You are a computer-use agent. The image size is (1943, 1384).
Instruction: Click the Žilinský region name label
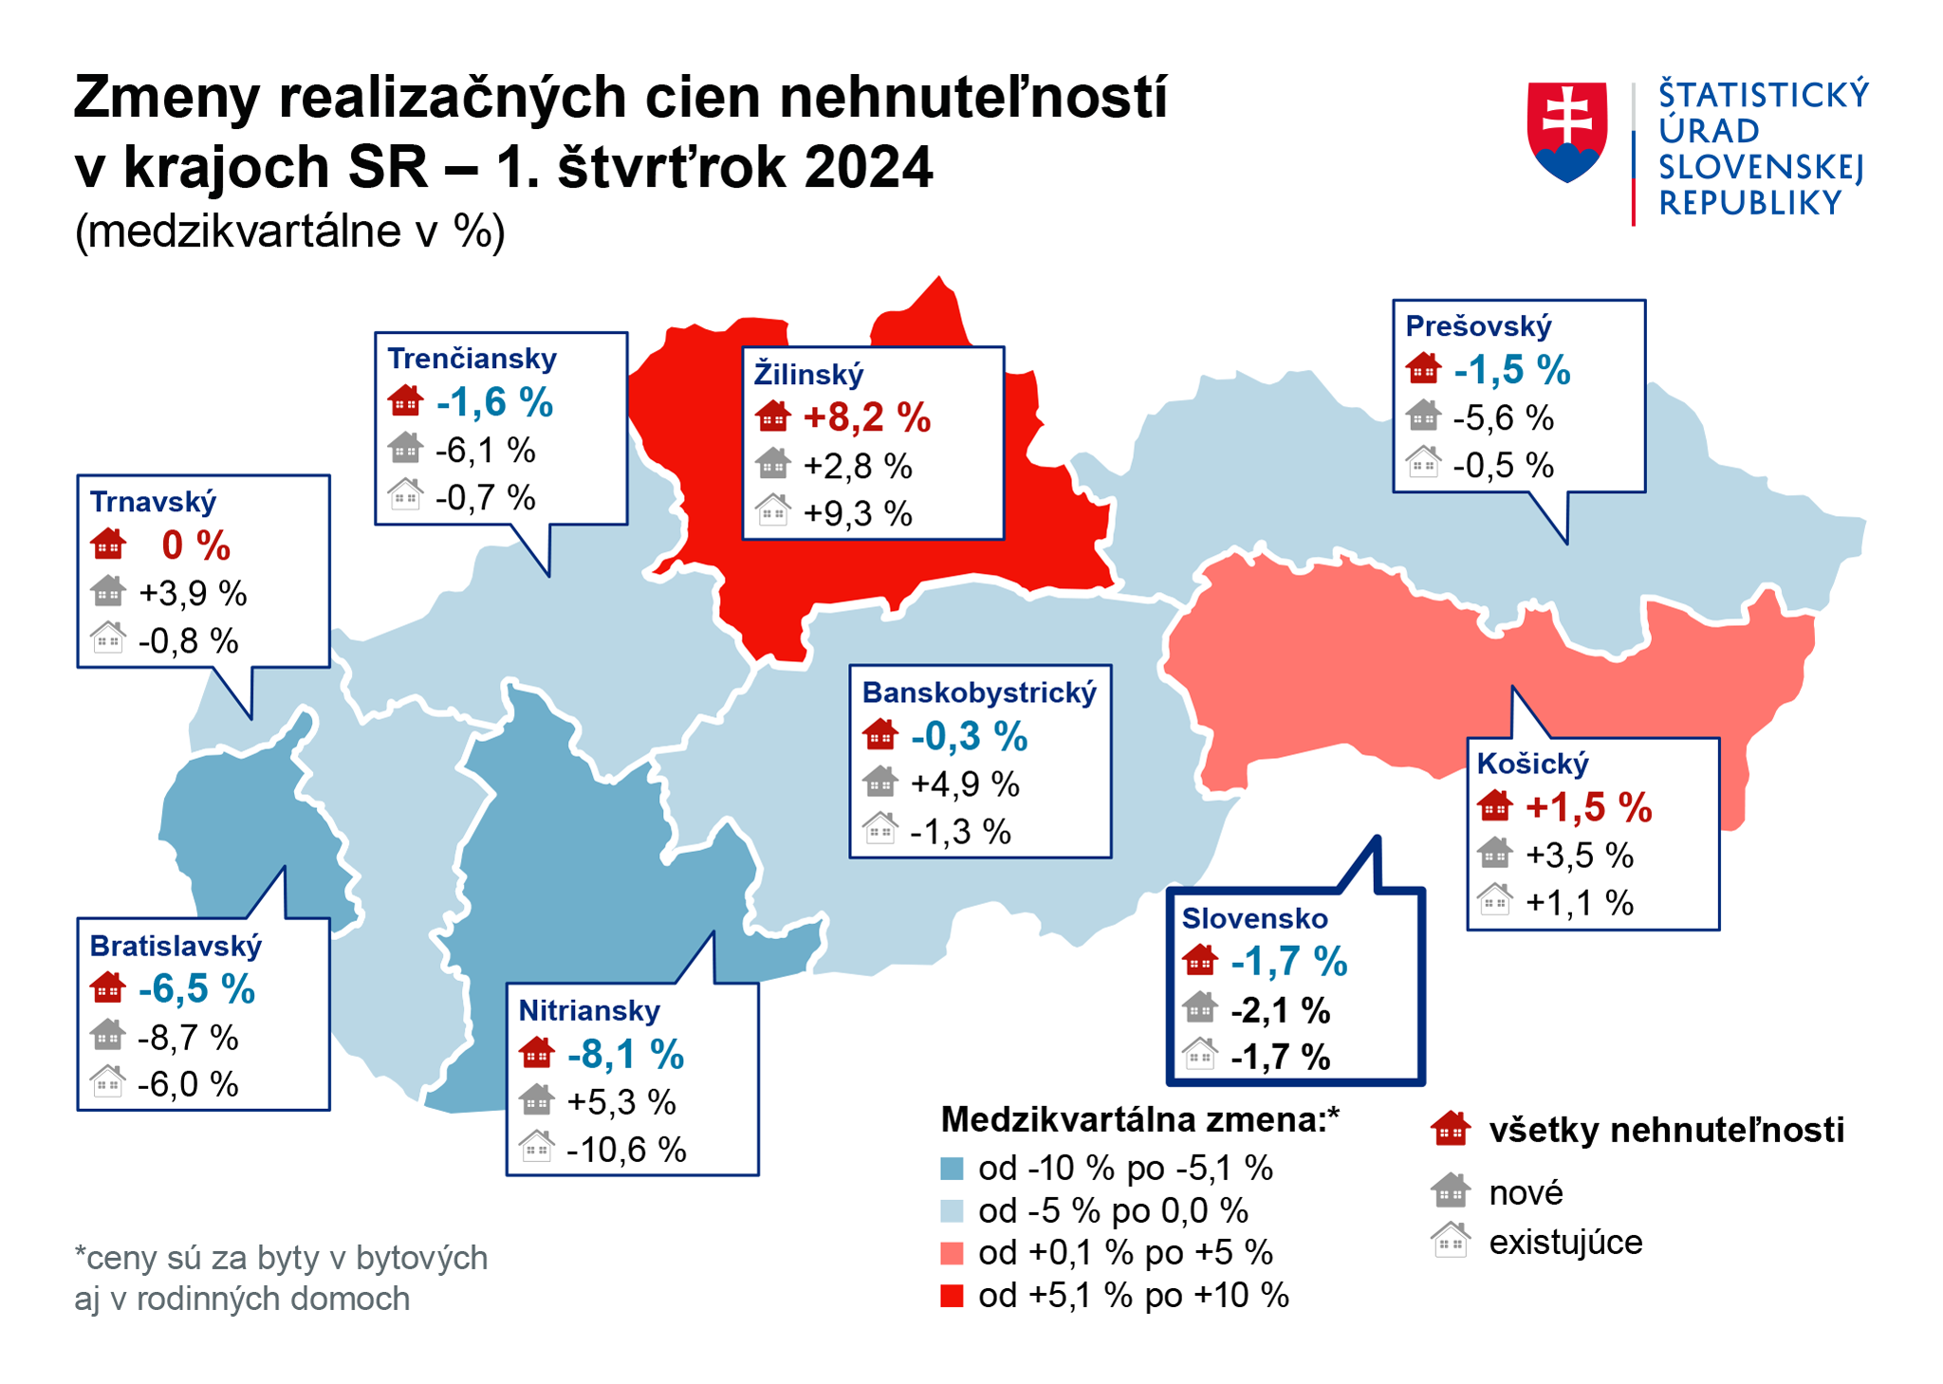point(808,374)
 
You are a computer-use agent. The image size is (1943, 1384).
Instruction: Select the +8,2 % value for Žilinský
point(866,417)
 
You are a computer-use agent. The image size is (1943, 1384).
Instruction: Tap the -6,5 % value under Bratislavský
point(196,989)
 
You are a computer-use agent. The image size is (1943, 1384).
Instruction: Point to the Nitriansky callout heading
point(588,1010)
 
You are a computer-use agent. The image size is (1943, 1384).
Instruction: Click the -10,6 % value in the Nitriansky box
point(626,1150)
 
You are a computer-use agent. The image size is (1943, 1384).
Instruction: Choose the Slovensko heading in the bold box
point(1254,918)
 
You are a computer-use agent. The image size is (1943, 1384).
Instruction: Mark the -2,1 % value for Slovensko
point(1280,1011)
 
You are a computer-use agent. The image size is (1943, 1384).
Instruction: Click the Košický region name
point(1532,764)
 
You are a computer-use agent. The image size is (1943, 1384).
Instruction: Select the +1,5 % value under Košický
point(1588,807)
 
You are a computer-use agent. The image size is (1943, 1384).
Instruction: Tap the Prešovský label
point(1478,326)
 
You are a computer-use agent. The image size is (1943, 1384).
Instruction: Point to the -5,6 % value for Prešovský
point(1503,417)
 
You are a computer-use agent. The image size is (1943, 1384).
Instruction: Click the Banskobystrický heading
point(979,692)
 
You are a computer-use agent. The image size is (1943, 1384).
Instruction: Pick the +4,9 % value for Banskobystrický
point(964,784)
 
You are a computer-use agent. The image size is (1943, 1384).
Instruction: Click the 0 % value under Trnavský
point(196,545)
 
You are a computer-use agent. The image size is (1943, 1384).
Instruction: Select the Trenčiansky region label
point(472,359)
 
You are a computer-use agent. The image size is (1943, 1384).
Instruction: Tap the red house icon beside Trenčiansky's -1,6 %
point(405,401)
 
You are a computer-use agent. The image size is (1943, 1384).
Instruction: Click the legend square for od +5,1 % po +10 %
point(952,1296)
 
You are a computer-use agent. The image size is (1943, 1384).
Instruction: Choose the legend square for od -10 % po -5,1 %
point(952,1169)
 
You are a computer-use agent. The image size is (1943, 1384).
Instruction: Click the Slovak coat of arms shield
point(1566,131)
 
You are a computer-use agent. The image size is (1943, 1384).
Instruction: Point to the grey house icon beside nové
point(1451,1190)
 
